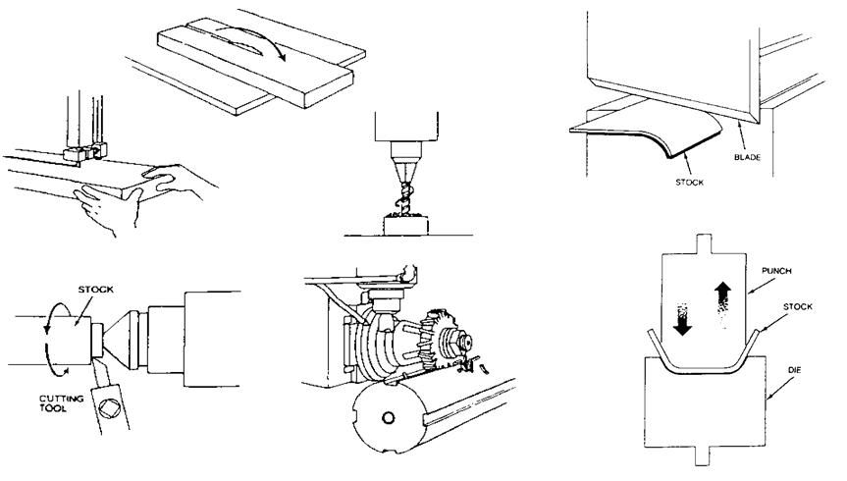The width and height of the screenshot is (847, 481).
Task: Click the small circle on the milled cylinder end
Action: coord(389,419)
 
